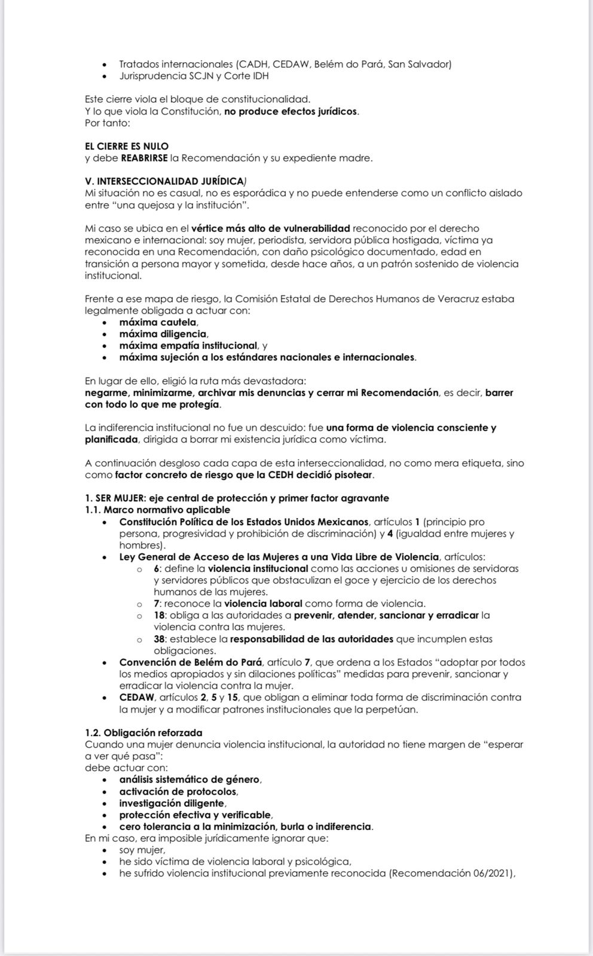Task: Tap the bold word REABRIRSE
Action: (x=144, y=158)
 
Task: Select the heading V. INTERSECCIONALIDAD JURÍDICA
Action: (x=164, y=182)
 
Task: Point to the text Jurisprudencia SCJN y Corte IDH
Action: (x=194, y=76)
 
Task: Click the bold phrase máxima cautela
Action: (x=158, y=323)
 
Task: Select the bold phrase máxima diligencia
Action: (x=163, y=334)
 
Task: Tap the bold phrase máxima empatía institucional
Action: (x=188, y=346)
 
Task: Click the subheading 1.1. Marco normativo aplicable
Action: (x=157, y=510)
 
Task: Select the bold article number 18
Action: (x=159, y=615)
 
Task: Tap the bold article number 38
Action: (x=159, y=639)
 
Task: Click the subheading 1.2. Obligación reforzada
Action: (x=143, y=733)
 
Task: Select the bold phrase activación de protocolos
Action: (x=178, y=792)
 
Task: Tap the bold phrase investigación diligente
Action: (x=172, y=804)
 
